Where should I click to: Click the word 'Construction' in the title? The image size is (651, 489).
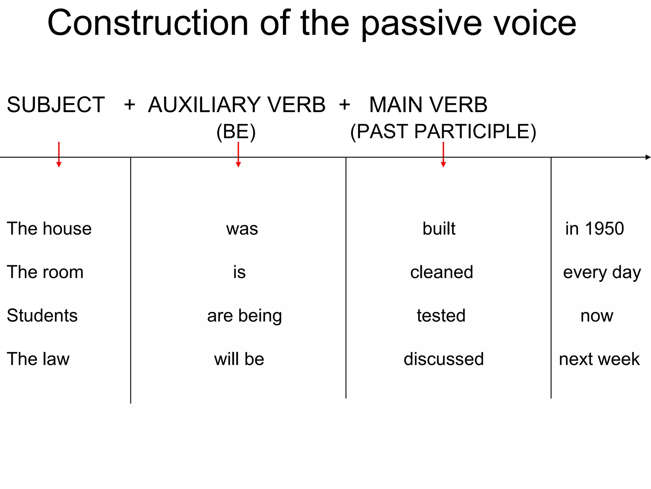tap(148, 23)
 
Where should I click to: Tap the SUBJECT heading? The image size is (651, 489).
tap(56, 105)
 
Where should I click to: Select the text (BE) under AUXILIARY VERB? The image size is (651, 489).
tap(236, 131)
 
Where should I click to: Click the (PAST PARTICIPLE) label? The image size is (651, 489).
tap(443, 131)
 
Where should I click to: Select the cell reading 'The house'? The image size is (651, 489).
tap(49, 229)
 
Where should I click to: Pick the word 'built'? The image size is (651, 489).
tap(439, 229)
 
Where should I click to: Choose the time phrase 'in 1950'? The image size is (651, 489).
tap(594, 229)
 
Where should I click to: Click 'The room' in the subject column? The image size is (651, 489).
tap(45, 272)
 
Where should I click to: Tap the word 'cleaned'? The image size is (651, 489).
tap(442, 272)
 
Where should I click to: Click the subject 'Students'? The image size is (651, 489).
tap(42, 315)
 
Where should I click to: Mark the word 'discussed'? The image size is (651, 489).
tap(444, 359)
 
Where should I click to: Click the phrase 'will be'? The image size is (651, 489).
tap(239, 359)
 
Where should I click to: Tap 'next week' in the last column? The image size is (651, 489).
tap(599, 359)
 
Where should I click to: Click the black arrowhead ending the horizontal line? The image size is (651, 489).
tap(648, 157)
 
